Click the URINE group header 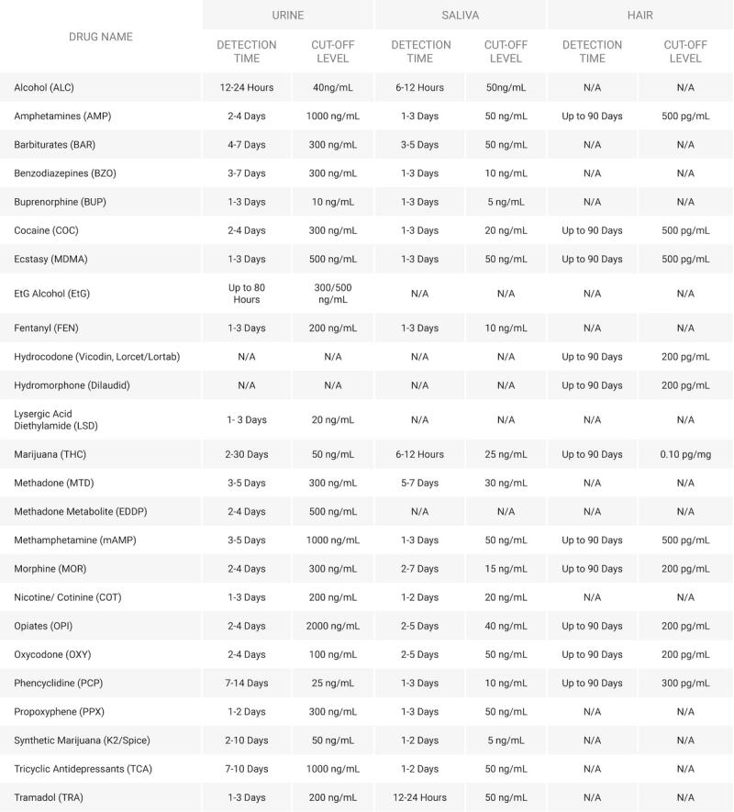(288, 15)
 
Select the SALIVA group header (461, 15)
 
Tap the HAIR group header (640, 15)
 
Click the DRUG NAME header (101, 37)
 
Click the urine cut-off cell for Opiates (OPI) (332, 626)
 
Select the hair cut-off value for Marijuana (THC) (685, 454)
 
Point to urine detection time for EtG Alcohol (247, 294)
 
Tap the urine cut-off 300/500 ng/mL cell (332, 294)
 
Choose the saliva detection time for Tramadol (420, 797)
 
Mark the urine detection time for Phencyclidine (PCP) (247, 683)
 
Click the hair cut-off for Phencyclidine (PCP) (685, 683)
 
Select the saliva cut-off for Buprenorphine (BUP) (506, 202)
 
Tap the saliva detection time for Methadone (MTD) (420, 483)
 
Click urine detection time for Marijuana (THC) (247, 454)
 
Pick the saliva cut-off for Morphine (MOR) (506, 569)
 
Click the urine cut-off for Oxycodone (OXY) (332, 654)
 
